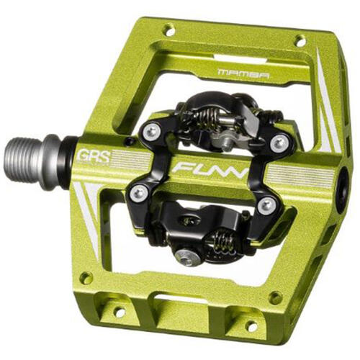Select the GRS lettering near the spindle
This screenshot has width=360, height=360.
pyautogui.click(x=94, y=157)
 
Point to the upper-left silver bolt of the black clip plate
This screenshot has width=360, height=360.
pyautogui.click(x=152, y=131)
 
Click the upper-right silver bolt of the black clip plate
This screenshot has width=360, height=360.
pyautogui.click(x=279, y=144)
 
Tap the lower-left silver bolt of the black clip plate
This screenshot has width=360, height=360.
pyautogui.click(x=139, y=192)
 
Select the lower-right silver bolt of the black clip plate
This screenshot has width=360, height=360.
pyautogui.click(x=266, y=205)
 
